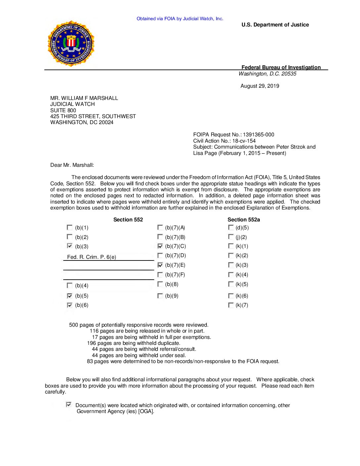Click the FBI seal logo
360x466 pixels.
tap(71, 43)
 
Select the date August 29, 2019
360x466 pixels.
tap(260, 86)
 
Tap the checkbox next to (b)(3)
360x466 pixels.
tap(69, 246)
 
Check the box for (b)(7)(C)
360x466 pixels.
tap(160, 246)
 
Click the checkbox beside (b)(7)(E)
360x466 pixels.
tap(160, 265)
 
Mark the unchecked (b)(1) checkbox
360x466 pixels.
tap(69, 227)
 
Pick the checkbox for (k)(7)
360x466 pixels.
tap(231, 305)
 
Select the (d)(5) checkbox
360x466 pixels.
tap(231, 227)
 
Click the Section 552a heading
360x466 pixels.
tap(244, 220)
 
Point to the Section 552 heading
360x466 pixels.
tap(128, 220)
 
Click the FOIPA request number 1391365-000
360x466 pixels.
tap(258, 135)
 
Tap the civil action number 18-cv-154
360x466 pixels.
tap(244, 141)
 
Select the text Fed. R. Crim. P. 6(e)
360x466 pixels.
tap(92, 257)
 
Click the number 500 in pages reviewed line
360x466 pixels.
tap(73, 325)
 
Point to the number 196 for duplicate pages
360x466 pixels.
tap(92, 343)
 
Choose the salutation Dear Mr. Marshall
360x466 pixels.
tap(72, 165)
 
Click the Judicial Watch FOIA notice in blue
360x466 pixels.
tap(180, 19)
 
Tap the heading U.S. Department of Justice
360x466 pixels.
tap(275, 25)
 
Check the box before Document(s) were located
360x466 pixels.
tap(68, 404)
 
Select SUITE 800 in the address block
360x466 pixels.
tap(63, 110)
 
